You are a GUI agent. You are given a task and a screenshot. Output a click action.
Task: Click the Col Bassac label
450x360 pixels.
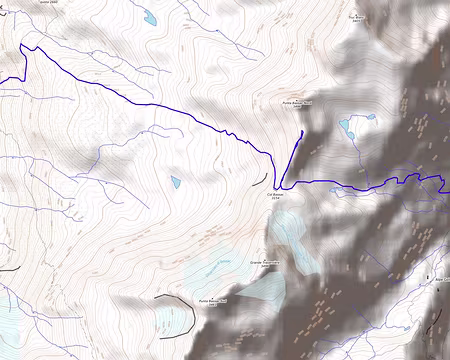pyautogui.click(x=278, y=197)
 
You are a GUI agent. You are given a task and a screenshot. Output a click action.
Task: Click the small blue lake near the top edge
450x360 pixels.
pyautogui.click(x=149, y=17)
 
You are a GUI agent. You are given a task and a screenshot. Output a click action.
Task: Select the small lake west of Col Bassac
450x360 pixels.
pyautogui.click(x=176, y=182)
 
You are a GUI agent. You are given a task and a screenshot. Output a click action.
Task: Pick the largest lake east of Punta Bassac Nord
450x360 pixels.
pyautogui.click(x=346, y=127)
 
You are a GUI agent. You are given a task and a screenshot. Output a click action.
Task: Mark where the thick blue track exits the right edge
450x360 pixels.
pyautogui.click(x=447, y=181)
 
